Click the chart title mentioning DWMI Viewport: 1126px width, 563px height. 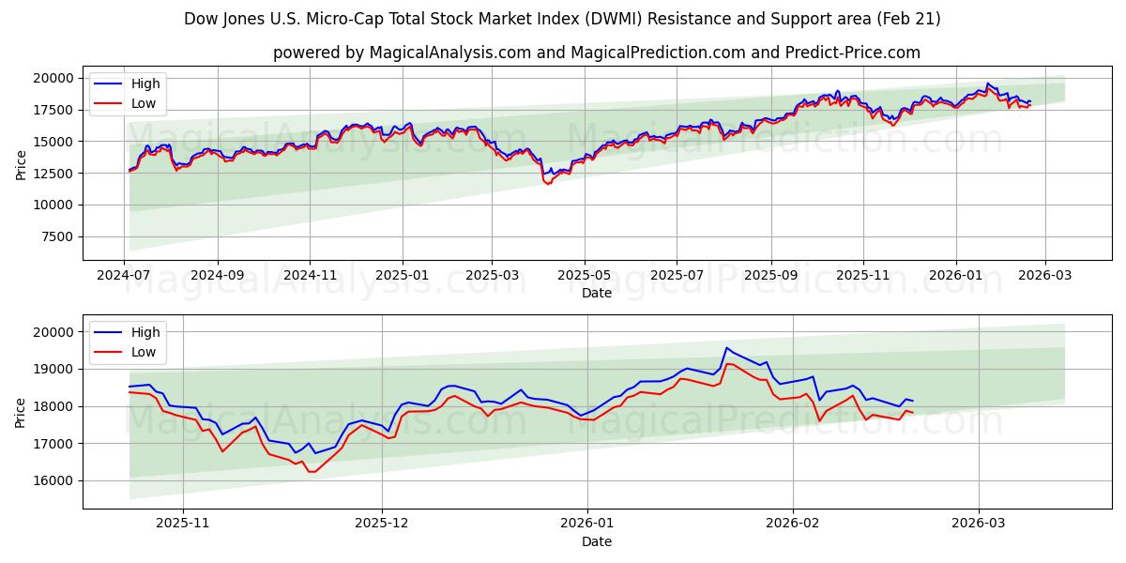pyautogui.click(x=562, y=19)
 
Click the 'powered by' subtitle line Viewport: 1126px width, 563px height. pyautogui.click(x=596, y=53)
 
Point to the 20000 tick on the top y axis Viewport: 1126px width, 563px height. pyautogui.click(x=55, y=78)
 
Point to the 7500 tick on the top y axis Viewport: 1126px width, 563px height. pyautogui.click(x=59, y=236)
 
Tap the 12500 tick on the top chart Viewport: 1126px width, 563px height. pyautogui.click(x=55, y=174)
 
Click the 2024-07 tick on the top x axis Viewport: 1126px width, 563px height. pyautogui.click(x=125, y=277)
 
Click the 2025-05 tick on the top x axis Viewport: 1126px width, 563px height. pyautogui.click(x=585, y=277)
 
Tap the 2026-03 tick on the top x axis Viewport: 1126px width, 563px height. pyautogui.click(x=1045, y=277)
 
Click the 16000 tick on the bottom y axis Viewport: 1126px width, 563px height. pyautogui.click(x=55, y=480)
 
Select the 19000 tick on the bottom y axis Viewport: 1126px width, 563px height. pyautogui.click(x=55, y=369)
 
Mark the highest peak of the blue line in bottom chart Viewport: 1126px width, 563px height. pyautogui.click(x=726, y=347)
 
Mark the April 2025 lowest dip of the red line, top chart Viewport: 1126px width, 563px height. pyautogui.click(x=547, y=184)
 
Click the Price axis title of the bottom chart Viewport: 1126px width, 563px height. pyautogui.click(x=21, y=412)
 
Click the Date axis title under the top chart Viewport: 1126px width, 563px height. pyautogui.click(x=596, y=293)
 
